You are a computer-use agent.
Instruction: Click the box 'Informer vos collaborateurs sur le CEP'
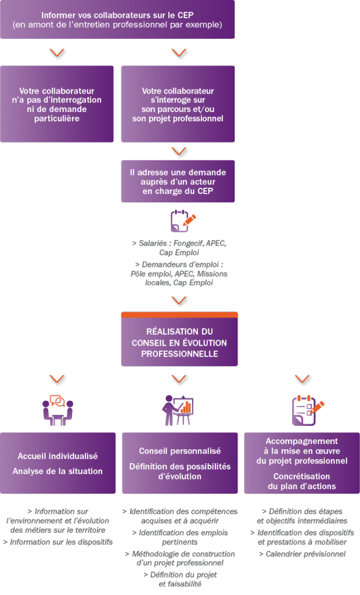[117, 20]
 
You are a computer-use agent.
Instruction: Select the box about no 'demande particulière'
[57, 104]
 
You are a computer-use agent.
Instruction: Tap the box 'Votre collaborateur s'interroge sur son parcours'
[178, 104]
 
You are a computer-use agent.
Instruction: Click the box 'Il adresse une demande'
[178, 181]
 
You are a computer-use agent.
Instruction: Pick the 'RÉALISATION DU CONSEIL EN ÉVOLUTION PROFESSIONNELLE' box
[179, 342]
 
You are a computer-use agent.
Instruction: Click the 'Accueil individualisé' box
[57, 463]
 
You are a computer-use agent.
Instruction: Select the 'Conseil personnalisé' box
[179, 463]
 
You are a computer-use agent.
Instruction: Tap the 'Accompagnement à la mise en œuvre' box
[301, 463]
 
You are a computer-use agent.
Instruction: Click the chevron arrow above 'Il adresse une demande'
[178, 152]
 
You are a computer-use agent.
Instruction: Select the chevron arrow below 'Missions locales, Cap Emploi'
[179, 301]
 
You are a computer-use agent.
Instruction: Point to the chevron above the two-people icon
[57, 379]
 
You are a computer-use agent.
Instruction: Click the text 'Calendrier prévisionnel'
[302, 554]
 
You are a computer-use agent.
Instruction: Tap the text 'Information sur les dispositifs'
[57, 542]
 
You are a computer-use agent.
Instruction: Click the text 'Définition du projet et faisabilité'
[179, 579]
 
